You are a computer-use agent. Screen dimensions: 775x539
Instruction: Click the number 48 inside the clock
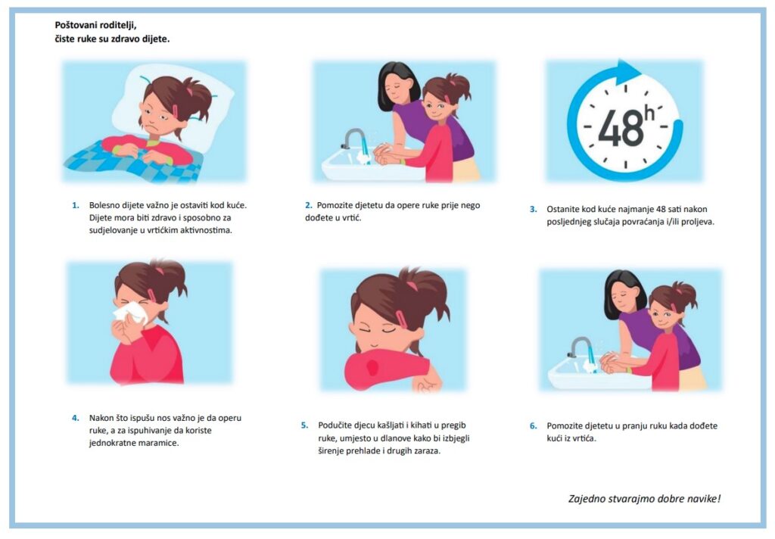(x=621, y=127)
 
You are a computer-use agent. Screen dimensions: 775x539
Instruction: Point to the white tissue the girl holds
(x=130, y=313)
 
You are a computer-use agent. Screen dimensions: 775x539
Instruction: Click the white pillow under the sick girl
(x=173, y=106)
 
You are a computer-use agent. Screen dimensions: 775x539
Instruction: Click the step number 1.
(x=76, y=205)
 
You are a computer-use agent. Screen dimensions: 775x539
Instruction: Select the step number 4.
(x=76, y=418)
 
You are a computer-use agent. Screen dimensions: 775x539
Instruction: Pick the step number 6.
(x=534, y=425)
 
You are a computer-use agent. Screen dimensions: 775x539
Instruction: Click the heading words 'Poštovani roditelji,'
(x=95, y=25)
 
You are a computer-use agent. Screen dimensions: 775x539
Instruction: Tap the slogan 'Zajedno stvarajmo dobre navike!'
(x=645, y=498)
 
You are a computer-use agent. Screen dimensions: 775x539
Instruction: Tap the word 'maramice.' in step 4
(x=159, y=443)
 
